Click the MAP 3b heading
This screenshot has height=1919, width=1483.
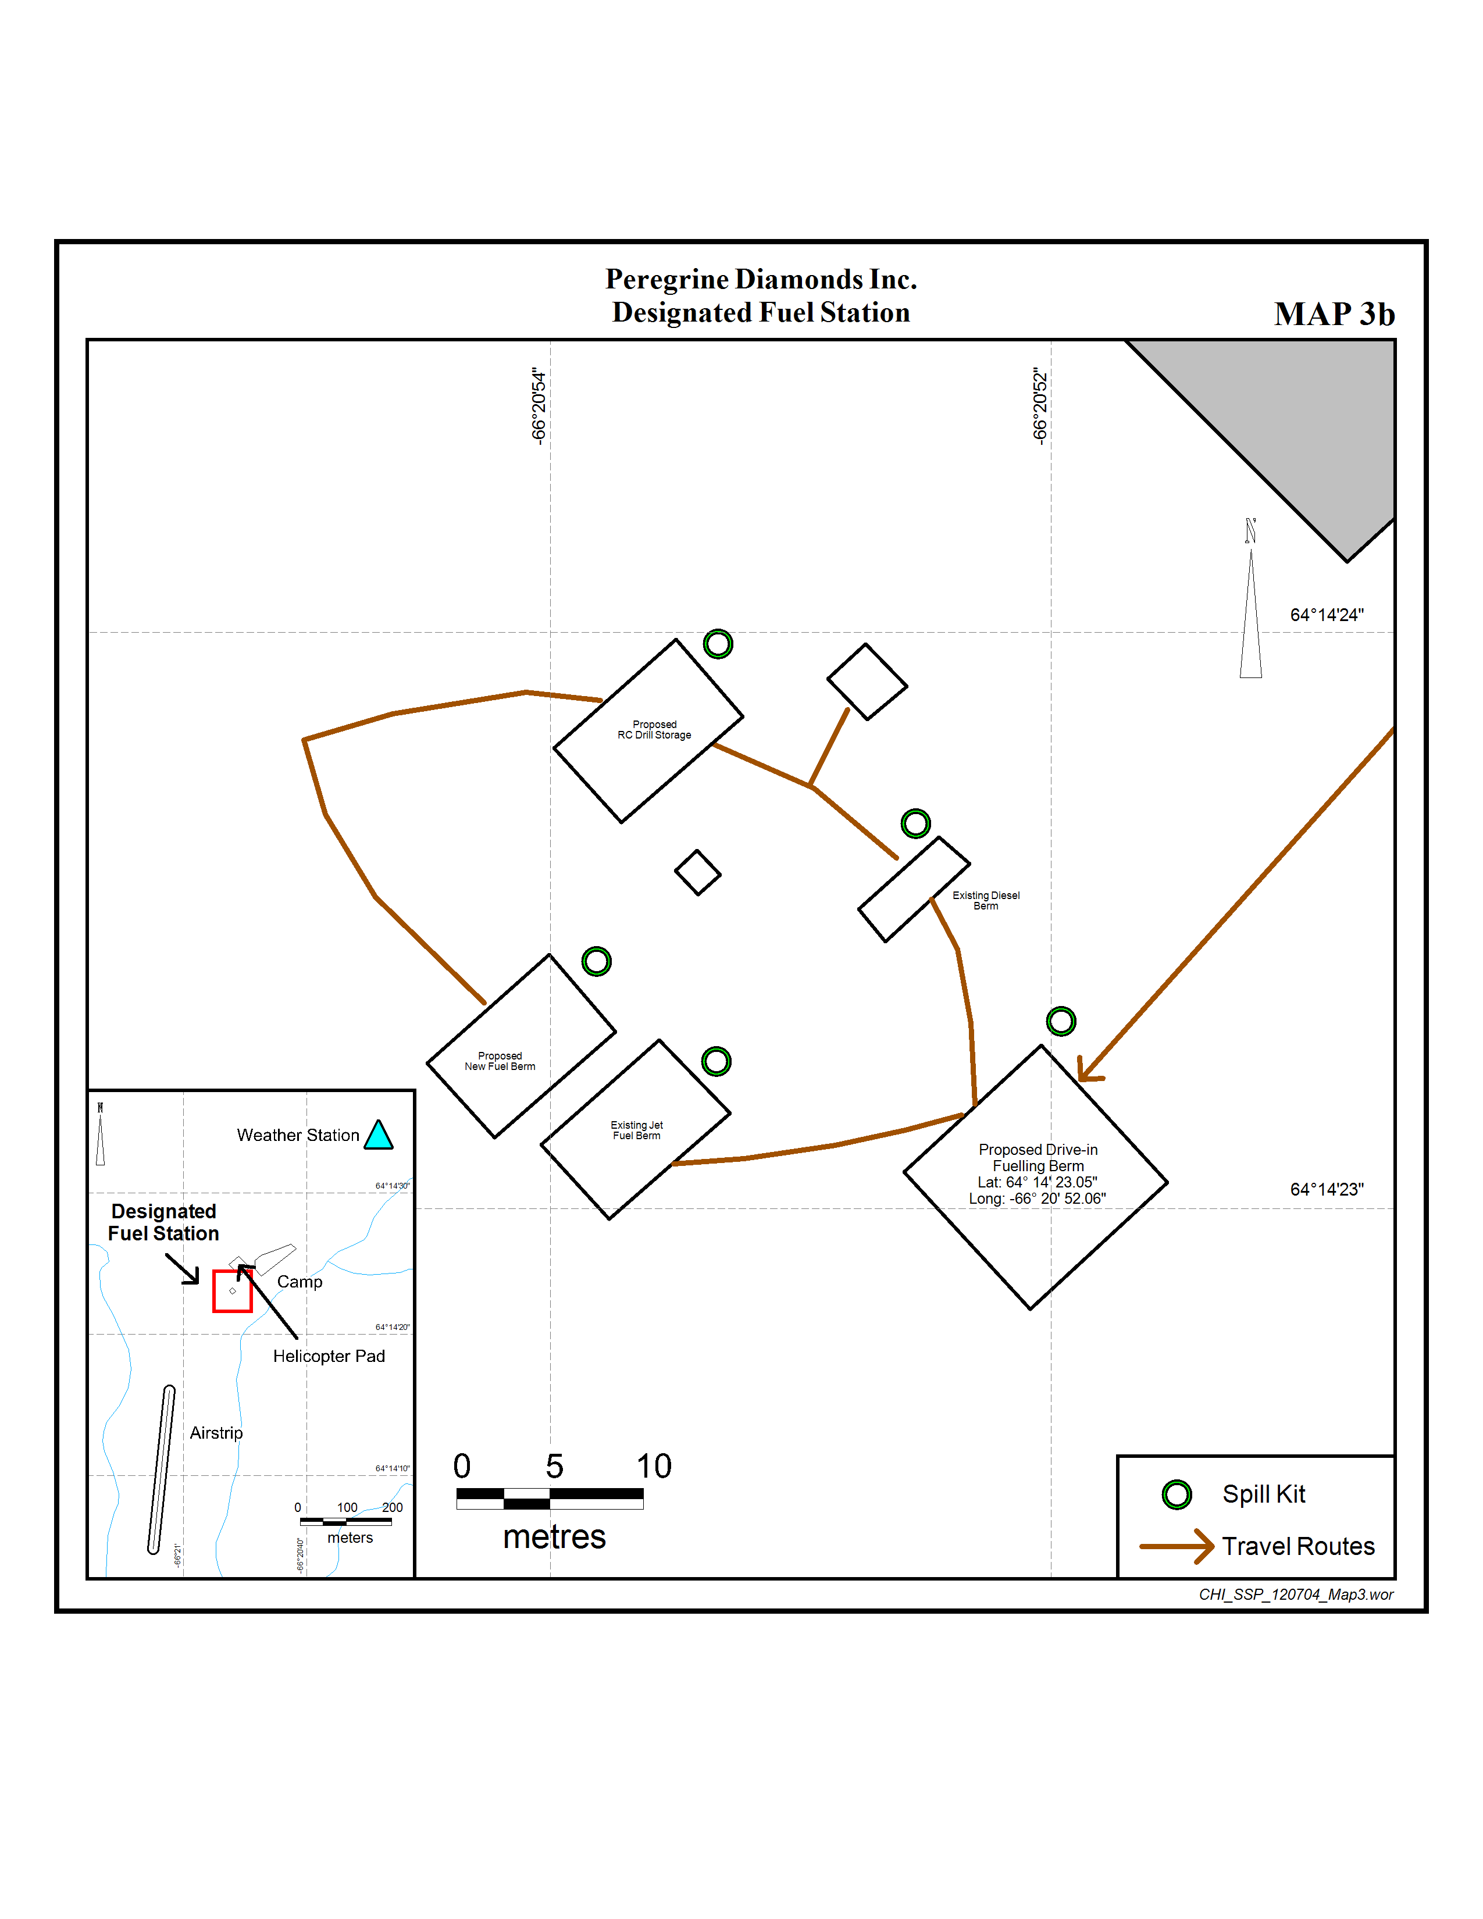pyautogui.click(x=1334, y=313)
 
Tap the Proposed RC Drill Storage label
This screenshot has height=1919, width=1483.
pyautogui.click(x=654, y=730)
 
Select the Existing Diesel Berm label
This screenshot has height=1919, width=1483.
pyautogui.click(x=986, y=901)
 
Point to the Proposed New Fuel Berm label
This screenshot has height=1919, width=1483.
pyautogui.click(x=500, y=1061)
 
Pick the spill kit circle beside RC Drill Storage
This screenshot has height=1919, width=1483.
pyautogui.click(x=718, y=644)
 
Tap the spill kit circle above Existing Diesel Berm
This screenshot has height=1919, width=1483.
pyautogui.click(x=915, y=823)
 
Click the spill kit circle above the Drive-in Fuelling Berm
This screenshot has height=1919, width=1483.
pyautogui.click(x=1060, y=1021)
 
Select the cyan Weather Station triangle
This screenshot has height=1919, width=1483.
pyautogui.click(x=379, y=1135)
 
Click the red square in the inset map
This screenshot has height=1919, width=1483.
pyautogui.click(x=233, y=1291)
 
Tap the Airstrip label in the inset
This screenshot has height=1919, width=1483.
pyautogui.click(x=216, y=1433)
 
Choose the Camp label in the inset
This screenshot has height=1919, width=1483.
pyautogui.click(x=300, y=1282)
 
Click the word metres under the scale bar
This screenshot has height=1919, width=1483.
pyautogui.click(x=554, y=1537)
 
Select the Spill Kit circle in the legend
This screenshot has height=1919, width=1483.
pyautogui.click(x=1177, y=1494)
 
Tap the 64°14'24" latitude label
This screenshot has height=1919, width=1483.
pyautogui.click(x=1327, y=615)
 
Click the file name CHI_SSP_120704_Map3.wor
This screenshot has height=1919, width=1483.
pyautogui.click(x=1295, y=1595)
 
